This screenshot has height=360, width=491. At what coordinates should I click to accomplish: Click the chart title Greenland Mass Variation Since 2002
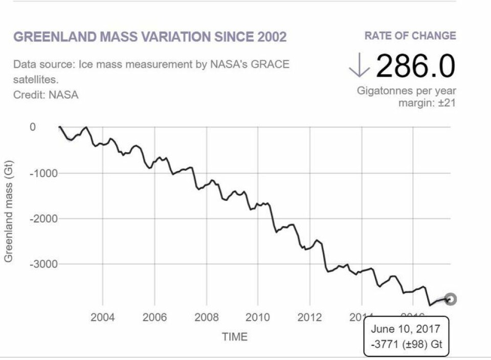[150, 37]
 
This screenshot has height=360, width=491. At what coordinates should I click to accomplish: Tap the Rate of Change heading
[410, 36]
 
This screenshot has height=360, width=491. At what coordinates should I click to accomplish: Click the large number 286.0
[415, 66]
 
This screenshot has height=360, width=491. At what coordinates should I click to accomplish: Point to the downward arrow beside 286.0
[360, 66]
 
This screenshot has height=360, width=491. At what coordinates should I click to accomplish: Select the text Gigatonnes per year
[407, 91]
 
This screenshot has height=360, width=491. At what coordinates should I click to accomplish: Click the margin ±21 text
[427, 103]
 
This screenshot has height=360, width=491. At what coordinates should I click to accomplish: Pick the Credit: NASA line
[46, 95]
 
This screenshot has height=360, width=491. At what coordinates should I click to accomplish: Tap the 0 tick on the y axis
[33, 127]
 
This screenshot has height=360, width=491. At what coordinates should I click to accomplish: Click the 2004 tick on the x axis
[103, 318]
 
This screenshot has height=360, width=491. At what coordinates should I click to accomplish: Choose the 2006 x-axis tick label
[154, 318]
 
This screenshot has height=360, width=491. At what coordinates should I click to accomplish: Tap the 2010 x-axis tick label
[258, 318]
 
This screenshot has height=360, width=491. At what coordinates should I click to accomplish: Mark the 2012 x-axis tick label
[309, 318]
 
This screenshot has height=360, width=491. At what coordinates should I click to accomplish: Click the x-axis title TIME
[234, 337]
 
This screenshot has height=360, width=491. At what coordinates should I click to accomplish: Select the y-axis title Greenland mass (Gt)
[9, 212]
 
